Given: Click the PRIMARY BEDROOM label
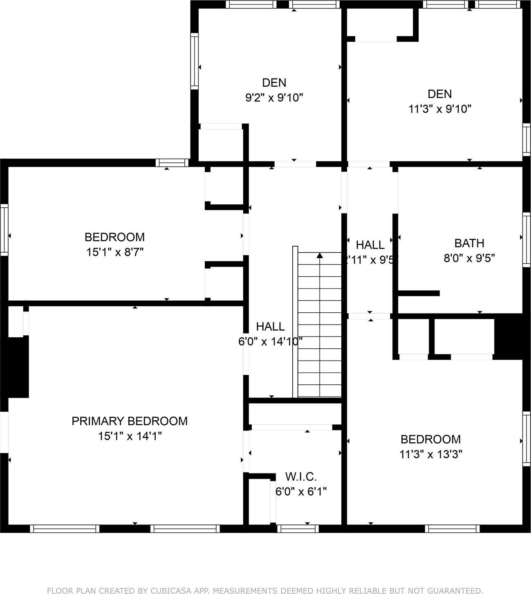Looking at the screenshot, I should click(130, 421).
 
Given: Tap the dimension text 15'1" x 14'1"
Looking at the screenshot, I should click(130, 436).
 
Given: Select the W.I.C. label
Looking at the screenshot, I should click(301, 477).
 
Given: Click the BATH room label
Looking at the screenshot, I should click(469, 243).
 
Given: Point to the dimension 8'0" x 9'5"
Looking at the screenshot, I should click(469, 258).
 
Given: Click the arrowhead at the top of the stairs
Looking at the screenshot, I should click(320, 256).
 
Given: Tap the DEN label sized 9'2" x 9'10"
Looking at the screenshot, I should click(274, 83).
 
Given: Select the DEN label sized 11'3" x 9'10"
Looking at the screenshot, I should click(440, 94).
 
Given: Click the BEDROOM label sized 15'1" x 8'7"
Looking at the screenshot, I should click(114, 237).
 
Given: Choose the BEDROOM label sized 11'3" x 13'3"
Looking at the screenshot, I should click(430, 439).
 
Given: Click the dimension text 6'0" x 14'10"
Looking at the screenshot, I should click(270, 341).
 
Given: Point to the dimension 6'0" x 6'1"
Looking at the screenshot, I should click(301, 491).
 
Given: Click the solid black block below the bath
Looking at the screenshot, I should click(509, 336).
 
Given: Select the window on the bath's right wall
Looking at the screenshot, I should click(527, 239).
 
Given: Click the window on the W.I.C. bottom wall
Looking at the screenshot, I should click(298, 529).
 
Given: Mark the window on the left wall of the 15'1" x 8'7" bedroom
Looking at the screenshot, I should click(4, 230).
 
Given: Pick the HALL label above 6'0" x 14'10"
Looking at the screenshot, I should click(270, 327).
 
